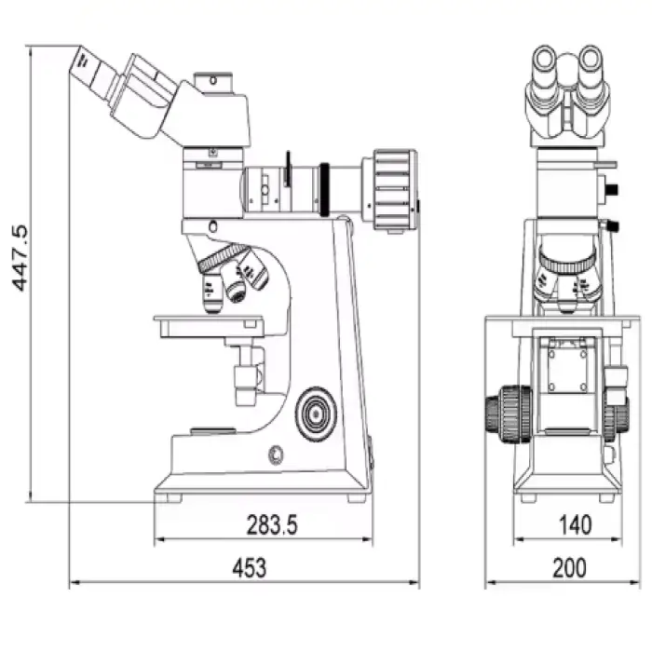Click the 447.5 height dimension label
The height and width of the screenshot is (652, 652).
coord(20,258)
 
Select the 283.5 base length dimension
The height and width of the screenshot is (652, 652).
coord(272,524)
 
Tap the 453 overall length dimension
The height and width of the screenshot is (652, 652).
coord(249,568)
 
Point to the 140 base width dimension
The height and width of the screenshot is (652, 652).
coord(575,524)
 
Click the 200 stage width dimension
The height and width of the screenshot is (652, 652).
coord(569,568)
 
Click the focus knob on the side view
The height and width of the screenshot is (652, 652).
coord(316,414)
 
